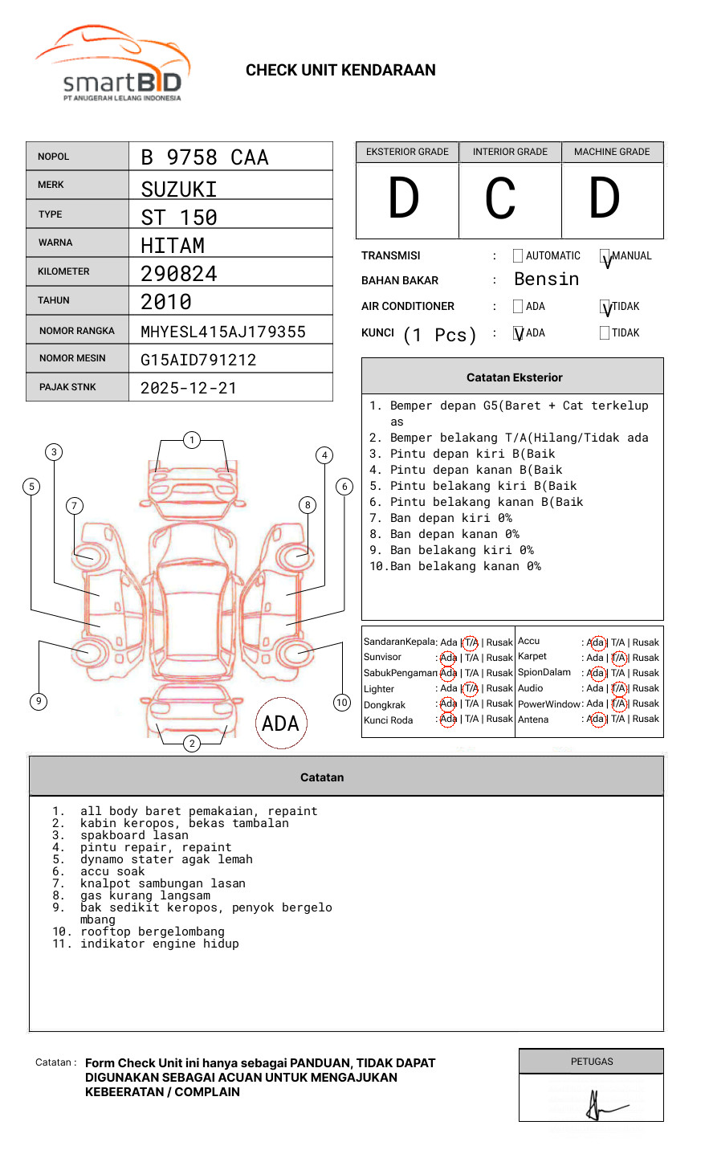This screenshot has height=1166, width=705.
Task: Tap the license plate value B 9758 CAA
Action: (x=205, y=157)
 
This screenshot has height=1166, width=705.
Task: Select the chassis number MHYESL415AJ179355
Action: (x=223, y=332)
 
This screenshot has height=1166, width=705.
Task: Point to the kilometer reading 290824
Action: (x=179, y=274)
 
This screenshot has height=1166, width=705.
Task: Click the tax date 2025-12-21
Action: (x=189, y=388)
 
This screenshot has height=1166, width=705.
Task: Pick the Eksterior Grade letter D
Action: (x=404, y=199)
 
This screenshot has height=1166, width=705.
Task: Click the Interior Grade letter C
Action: (x=500, y=199)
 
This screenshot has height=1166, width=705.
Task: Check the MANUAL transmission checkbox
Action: (x=605, y=257)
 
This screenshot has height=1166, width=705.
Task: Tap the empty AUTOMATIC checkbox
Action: (x=518, y=256)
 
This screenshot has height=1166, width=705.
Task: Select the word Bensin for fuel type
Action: (x=546, y=279)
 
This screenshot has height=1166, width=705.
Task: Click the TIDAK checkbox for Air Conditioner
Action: (x=605, y=307)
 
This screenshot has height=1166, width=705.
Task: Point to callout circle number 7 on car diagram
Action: (x=75, y=505)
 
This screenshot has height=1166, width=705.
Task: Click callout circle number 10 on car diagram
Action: (x=342, y=703)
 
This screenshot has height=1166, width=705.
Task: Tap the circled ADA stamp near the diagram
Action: (x=280, y=724)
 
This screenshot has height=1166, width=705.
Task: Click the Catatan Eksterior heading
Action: (x=514, y=377)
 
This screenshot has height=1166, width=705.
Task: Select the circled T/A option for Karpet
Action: (x=618, y=658)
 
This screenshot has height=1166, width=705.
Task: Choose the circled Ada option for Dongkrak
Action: (x=448, y=704)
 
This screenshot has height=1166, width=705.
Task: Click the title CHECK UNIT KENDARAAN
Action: (x=340, y=71)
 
